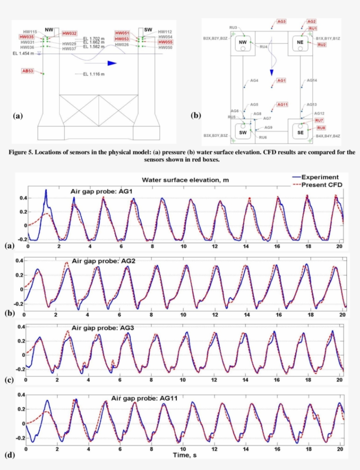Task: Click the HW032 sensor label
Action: click(69, 33)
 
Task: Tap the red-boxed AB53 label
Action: click(28, 71)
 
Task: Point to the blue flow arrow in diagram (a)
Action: click(112, 63)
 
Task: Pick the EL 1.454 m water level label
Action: click(23, 54)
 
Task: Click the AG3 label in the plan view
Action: click(281, 21)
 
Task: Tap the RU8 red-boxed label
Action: click(321, 128)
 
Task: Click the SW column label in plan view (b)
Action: click(242, 132)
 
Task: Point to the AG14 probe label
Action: click(312, 81)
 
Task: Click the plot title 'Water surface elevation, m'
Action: click(185, 180)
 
